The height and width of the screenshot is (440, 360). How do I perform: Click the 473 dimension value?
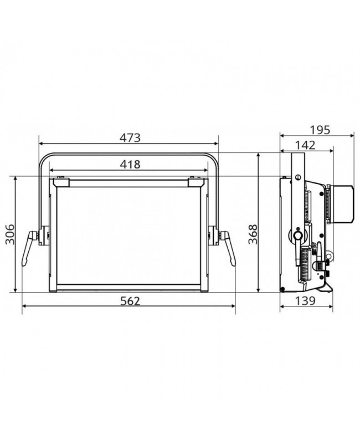tap(128, 137)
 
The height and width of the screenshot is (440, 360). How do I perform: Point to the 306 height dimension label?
tap(7, 234)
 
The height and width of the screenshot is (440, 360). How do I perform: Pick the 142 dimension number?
tap(305, 145)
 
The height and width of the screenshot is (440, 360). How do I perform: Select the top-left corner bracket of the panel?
tap(60, 180)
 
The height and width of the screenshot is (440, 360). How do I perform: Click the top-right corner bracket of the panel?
tap(196, 180)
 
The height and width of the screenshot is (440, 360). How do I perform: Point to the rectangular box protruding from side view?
tap(342, 204)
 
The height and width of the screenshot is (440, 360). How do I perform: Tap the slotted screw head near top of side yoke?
tap(298, 177)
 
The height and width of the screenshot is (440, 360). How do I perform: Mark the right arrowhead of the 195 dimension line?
tap(352, 135)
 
